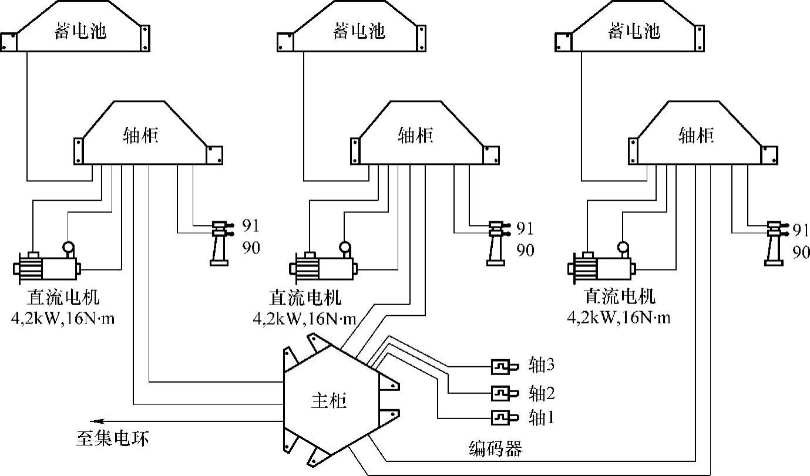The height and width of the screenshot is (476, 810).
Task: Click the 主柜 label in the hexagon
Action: (x=328, y=401)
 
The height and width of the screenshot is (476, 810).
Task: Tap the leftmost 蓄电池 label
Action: (x=81, y=31)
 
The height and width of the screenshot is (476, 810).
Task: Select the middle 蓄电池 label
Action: (x=359, y=31)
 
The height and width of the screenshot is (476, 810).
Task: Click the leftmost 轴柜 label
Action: (x=141, y=136)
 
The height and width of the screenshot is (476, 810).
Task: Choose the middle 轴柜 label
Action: (x=416, y=136)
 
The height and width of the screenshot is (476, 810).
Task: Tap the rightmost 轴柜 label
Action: (x=696, y=136)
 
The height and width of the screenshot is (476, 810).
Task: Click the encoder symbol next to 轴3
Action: (x=503, y=366)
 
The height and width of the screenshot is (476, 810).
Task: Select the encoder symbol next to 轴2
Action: (x=503, y=391)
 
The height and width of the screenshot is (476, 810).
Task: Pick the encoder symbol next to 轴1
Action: (x=503, y=417)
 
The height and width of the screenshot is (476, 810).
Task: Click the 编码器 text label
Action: (x=495, y=449)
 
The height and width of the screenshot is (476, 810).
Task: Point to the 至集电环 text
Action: (x=112, y=438)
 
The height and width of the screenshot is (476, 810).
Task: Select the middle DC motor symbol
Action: (x=324, y=265)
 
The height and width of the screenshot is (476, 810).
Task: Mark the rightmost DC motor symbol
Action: (x=602, y=265)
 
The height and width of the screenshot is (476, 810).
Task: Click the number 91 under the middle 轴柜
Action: (x=525, y=227)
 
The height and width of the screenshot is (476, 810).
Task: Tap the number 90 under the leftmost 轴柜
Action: (x=250, y=249)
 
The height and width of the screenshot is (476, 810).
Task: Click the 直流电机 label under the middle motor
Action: (x=305, y=297)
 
